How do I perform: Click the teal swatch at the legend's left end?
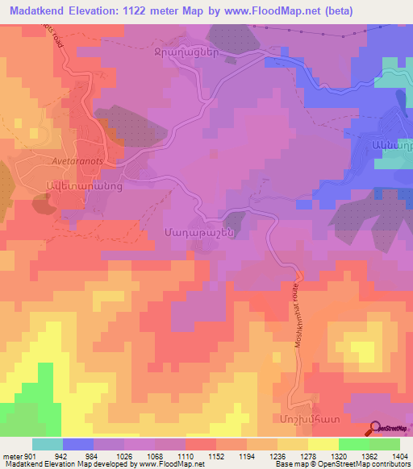pyautogui.click(x=47, y=444)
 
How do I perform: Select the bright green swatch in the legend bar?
pyautogui.click(x=353, y=444)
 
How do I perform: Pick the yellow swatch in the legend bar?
pyautogui.click(x=322, y=444)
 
